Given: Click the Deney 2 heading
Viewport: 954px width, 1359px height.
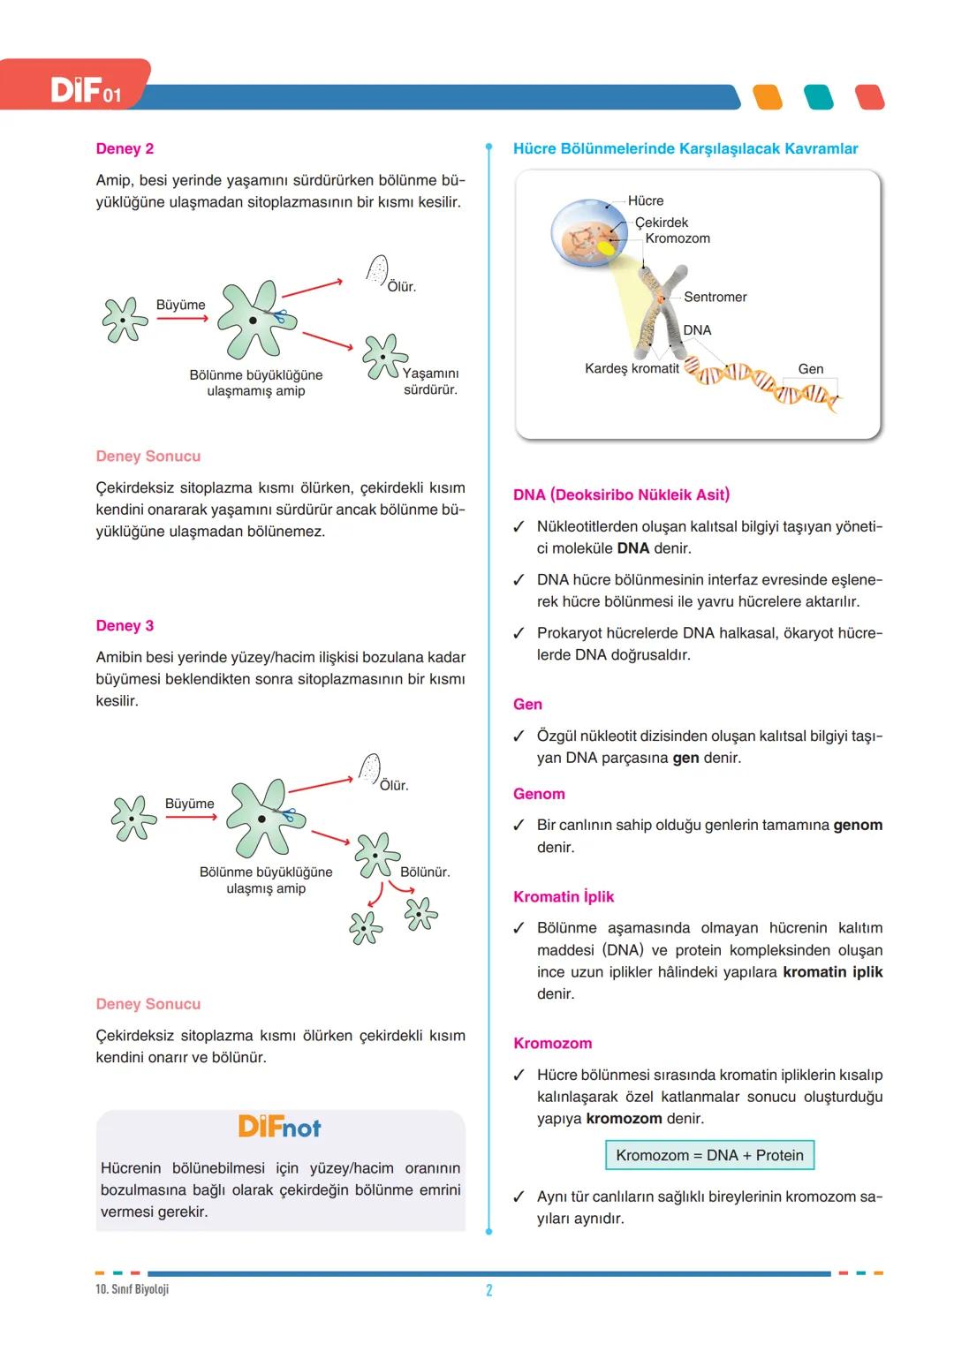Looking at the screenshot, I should tap(125, 149).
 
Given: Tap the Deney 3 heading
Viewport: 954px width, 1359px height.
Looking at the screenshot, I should tap(125, 626).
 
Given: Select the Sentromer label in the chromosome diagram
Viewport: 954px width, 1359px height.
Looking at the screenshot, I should tap(715, 298).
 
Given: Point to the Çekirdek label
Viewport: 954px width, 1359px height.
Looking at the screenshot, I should tap(662, 223).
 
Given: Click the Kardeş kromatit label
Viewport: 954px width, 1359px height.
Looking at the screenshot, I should tap(632, 368).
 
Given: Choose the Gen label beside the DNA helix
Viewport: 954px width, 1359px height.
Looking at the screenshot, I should tap(810, 369).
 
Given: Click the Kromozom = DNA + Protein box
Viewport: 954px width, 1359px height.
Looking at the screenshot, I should tap(709, 1156).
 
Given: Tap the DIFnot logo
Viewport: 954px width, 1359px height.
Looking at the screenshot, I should tap(279, 1128).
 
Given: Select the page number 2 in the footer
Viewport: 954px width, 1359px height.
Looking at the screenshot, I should tap(489, 1290).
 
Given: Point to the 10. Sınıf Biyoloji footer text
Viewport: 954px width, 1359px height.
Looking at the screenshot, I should tap(132, 1289).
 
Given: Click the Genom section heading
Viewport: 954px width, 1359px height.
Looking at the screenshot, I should tap(539, 794).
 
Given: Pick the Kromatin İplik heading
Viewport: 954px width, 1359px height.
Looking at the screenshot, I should tap(564, 897).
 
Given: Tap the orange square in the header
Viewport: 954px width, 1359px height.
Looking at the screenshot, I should tap(768, 97).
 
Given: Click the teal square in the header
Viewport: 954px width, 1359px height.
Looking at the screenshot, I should tap(819, 97).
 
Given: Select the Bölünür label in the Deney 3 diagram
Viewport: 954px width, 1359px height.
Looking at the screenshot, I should tap(424, 872).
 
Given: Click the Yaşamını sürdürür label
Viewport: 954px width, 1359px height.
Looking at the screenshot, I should tap(430, 381).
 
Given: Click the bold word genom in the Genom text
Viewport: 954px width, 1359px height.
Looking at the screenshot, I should tap(858, 826).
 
